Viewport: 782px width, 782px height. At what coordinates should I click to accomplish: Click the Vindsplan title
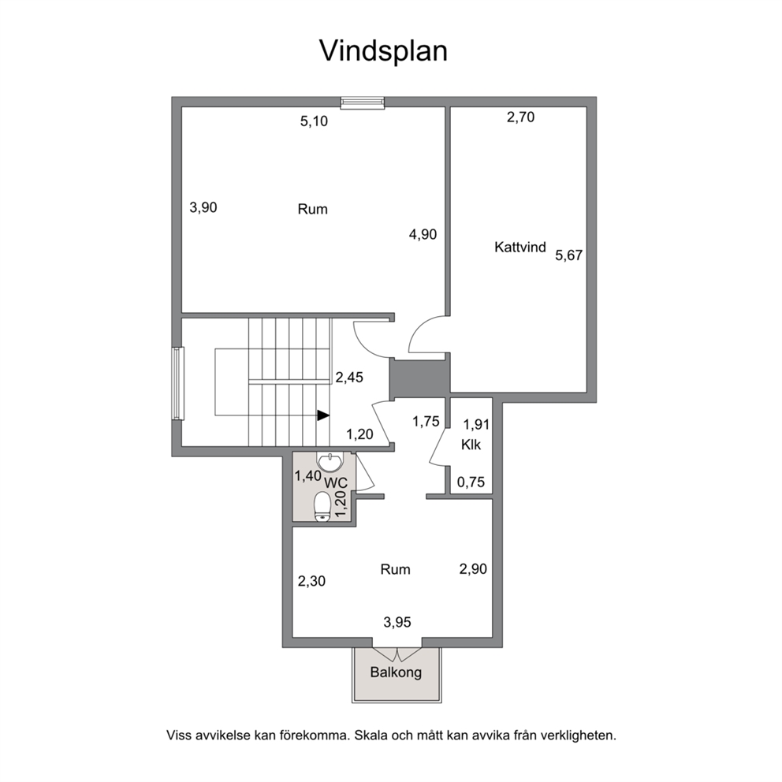pos(383,51)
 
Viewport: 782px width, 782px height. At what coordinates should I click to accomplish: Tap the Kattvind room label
pos(520,247)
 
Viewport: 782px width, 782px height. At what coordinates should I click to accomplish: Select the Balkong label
pos(396,672)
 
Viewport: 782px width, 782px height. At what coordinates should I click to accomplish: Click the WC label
pos(336,482)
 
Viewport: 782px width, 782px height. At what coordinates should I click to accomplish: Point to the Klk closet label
pos(471,445)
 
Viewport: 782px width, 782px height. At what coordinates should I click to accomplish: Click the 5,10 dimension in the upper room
pos(315,121)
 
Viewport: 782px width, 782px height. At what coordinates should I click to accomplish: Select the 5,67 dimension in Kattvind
pos(569,255)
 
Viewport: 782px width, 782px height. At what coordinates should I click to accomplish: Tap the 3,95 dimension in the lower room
pos(397,623)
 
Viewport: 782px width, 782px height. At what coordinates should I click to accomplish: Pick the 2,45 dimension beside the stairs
pos(349,378)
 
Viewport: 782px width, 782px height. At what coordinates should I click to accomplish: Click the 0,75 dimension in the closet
pos(471,482)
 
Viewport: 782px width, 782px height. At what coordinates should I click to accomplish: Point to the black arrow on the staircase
pos(323,415)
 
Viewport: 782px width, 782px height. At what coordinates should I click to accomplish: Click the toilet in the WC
pos(322,507)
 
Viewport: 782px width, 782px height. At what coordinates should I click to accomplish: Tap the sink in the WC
pos(330,462)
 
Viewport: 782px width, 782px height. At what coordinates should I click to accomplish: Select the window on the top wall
pos(363,102)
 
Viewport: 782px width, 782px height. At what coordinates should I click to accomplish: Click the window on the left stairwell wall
pos(177,383)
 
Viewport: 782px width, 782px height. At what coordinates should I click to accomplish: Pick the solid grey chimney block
pos(420,378)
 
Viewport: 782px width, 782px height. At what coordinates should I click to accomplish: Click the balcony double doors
pos(397,654)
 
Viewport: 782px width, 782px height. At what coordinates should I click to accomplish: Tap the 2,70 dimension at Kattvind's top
pos(520,117)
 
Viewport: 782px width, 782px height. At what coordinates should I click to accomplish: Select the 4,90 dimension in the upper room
pos(423,234)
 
